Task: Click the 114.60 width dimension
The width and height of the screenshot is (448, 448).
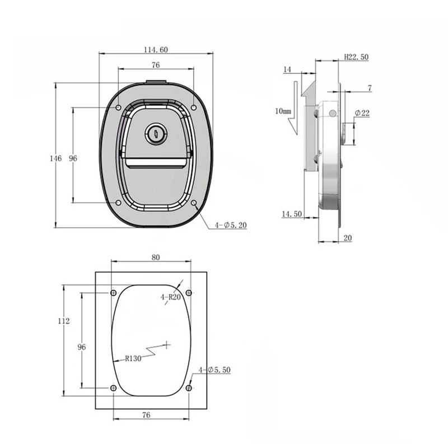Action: (x=155, y=50)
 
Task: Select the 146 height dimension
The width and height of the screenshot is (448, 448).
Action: (x=55, y=159)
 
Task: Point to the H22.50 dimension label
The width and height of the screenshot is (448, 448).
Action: (x=356, y=58)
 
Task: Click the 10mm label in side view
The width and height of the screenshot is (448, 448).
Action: (x=283, y=111)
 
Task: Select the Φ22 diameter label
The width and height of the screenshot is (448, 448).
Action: (x=362, y=113)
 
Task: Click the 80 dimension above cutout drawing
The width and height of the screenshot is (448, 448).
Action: (x=156, y=257)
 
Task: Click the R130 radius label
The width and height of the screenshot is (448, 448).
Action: (x=133, y=358)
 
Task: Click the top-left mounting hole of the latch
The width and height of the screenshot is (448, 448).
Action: (x=118, y=108)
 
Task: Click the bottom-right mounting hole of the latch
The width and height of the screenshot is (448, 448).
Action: (x=194, y=203)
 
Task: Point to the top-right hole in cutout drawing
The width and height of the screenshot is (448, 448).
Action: (x=189, y=293)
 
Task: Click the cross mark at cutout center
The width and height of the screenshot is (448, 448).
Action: (x=167, y=343)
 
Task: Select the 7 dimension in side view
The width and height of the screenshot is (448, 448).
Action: (x=370, y=87)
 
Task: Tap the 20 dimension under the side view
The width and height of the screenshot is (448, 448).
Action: (x=347, y=238)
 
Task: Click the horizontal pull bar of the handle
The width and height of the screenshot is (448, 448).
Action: (x=156, y=163)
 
